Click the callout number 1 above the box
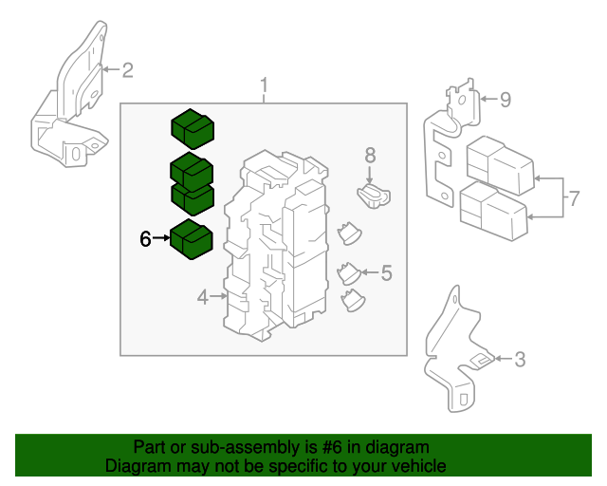pyautogui.click(x=264, y=84)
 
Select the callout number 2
pyautogui.click(x=128, y=70)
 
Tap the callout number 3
pyautogui.click(x=520, y=359)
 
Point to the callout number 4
pyautogui.click(x=203, y=298)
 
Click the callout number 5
pyautogui.click(x=387, y=272)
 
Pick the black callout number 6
pyautogui.click(x=145, y=238)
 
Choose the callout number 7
pyautogui.click(x=574, y=198)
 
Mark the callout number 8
pyautogui.click(x=370, y=156)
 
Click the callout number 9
pyautogui.click(x=506, y=100)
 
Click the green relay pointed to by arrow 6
pyautogui.click(x=192, y=239)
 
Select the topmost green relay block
pyautogui.click(x=193, y=129)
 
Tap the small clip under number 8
pyautogui.click(x=374, y=196)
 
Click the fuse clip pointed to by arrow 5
pyautogui.click(x=349, y=273)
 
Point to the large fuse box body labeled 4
pyautogui.click(x=276, y=246)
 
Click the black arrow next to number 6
pyautogui.click(x=161, y=237)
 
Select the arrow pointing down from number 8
pyautogui.click(x=370, y=175)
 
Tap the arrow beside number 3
pyautogui.click(x=504, y=359)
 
